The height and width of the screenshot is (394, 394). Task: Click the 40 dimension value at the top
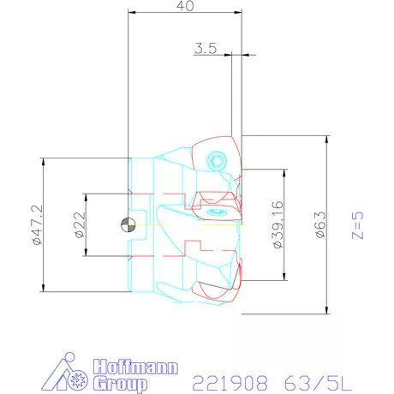click(x=184, y=6)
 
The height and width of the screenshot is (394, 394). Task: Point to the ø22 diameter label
click(x=78, y=224)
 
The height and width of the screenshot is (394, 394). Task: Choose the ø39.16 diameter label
click(x=277, y=224)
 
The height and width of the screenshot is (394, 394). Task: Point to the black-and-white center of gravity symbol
click(x=128, y=225)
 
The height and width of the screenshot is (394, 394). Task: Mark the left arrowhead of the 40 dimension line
click(x=131, y=14)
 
